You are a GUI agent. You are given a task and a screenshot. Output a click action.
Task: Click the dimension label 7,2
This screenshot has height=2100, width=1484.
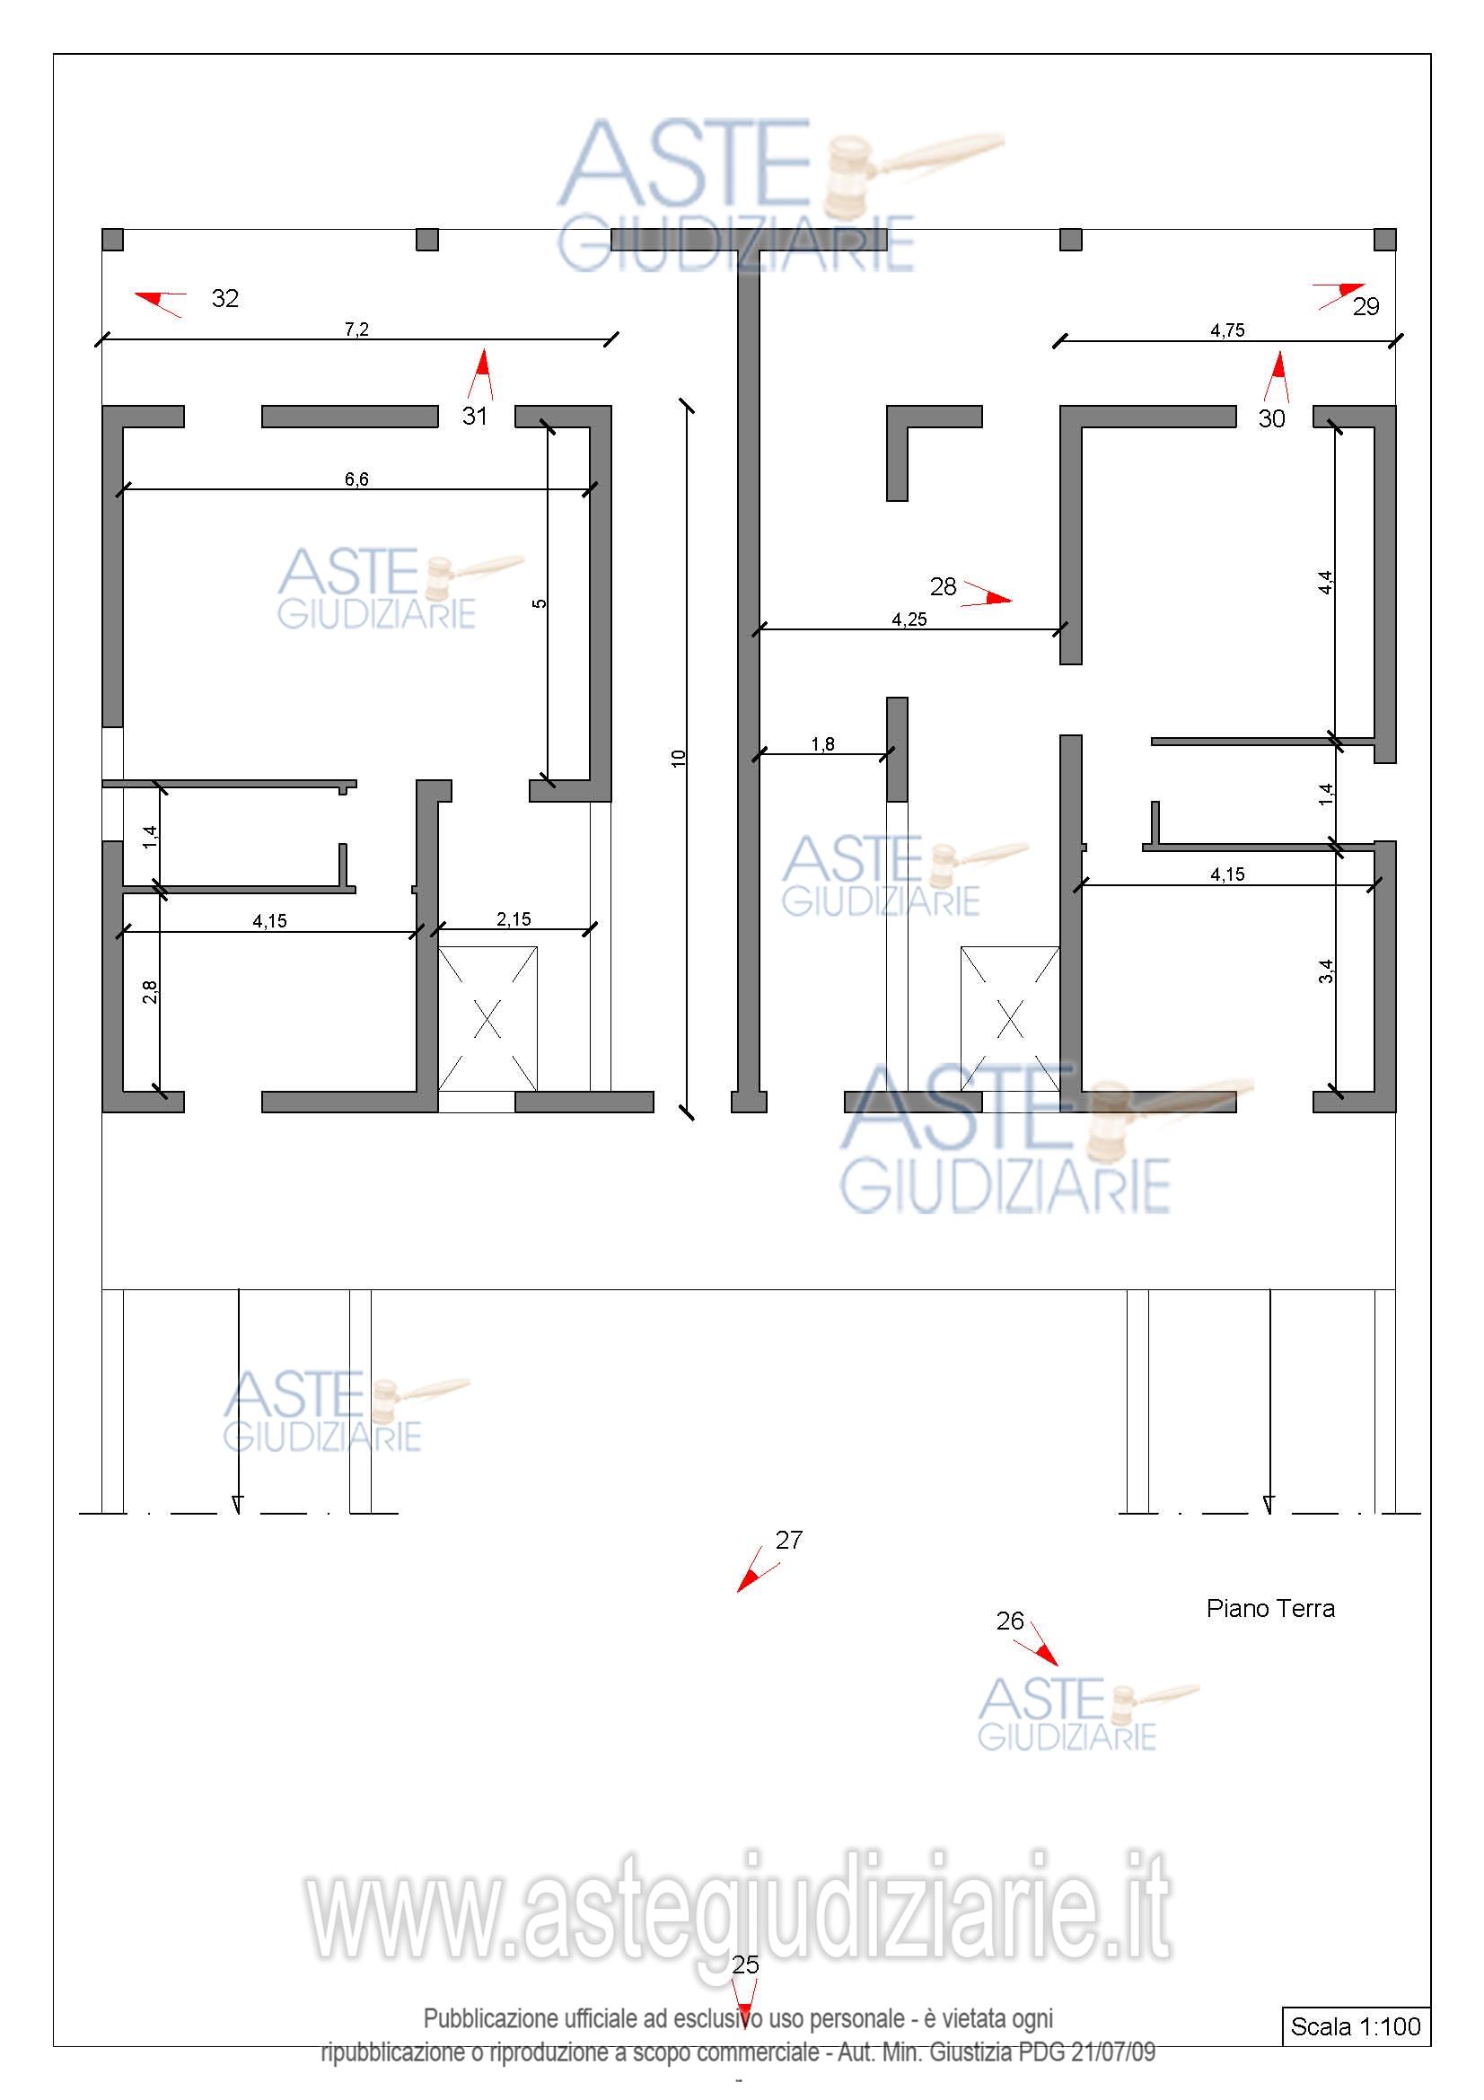point(356,329)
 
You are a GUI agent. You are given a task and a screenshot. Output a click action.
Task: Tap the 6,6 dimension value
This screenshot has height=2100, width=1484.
point(356,479)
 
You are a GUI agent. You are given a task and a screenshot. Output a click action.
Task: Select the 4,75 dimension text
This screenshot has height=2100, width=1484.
point(1227,330)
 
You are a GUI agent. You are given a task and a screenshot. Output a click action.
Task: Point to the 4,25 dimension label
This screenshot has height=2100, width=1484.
point(909,619)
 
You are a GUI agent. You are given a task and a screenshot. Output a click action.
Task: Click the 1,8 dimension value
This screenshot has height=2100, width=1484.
point(823,744)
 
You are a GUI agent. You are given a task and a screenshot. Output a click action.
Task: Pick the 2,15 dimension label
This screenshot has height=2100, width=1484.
point(514,919)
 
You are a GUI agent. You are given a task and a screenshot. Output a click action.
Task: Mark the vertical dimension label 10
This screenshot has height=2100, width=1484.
point(679,759)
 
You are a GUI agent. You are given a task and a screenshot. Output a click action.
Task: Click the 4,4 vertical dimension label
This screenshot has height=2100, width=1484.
point(1326,583)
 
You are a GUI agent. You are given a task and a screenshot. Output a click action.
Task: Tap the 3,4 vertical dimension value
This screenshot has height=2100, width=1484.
point(1326,971)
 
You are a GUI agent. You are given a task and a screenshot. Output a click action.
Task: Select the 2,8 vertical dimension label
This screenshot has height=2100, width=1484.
point(151,991)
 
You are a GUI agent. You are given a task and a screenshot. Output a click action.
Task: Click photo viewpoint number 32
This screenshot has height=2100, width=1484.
point(225,298)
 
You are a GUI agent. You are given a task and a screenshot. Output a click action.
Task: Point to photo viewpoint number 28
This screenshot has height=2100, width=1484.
point(943,586)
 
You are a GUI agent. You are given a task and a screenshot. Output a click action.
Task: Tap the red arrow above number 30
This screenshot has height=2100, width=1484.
point(1278,377)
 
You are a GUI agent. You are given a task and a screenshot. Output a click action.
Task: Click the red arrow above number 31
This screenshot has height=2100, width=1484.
point(481,374)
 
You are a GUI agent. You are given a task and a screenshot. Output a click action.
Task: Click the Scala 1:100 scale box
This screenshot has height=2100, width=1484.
point(1356,2025)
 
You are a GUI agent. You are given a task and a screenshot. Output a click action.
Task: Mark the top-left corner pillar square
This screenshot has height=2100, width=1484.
point(112,240)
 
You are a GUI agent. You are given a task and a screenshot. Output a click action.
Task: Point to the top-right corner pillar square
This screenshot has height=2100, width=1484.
point(1385,240)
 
